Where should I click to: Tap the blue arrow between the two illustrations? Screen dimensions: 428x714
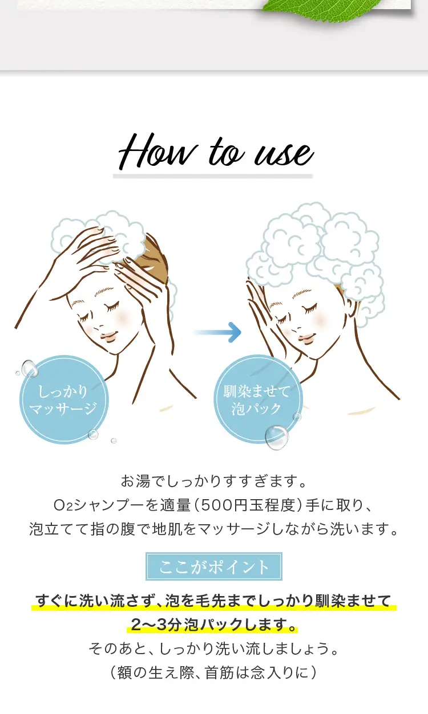[x=217, y=332]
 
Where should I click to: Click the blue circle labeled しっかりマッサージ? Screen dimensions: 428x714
[x=64, y=399]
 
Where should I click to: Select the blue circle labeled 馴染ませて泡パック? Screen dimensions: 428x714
[x=257, y=399]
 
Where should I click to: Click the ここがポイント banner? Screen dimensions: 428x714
[x=214, y=566]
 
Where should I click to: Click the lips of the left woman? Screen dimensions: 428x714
[x=108, y=337]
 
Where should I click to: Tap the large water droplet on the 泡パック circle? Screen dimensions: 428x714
[x=276, y=437]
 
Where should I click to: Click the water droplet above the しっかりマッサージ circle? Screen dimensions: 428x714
[x=29, y=369]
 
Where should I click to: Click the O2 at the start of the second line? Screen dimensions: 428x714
[x=63, y=505]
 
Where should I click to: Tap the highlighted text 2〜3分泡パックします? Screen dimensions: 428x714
[x=212, y=624]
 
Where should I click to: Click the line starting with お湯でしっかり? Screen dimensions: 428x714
[x=213, y=481]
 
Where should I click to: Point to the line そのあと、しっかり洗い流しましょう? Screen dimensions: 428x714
[x=213, y=648]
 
